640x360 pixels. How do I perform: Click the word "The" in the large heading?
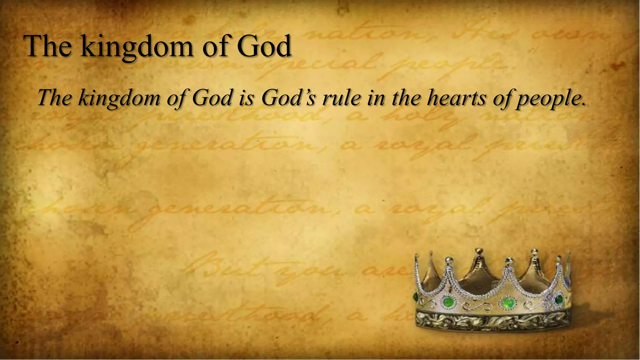[47, 46]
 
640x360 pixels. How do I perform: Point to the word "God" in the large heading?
[264, 46]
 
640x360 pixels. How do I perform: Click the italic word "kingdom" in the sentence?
[119, 98]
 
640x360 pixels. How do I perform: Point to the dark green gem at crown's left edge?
[416, 297]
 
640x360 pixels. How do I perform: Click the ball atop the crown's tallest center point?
[478, 251]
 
